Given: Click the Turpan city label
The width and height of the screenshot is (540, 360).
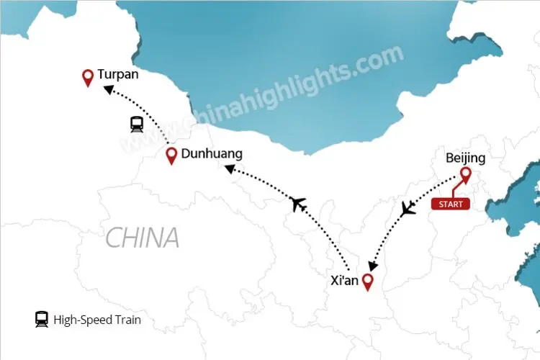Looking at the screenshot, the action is coord(118,74).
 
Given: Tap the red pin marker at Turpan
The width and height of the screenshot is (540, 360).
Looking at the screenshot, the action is coord(88,77).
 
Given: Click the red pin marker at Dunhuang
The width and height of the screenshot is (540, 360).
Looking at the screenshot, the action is coord(171,156).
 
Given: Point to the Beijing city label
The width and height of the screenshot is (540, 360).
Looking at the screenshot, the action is coord(465,158).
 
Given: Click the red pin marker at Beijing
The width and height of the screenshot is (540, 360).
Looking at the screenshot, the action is coord(466,174).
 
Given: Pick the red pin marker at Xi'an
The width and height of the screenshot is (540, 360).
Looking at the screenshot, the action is coord(368,282).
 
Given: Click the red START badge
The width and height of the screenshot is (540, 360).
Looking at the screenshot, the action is coord(450,204).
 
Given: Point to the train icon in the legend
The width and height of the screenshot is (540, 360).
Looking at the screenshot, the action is coord(41,320).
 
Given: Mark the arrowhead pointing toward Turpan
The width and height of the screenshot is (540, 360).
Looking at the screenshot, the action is coord(107,89).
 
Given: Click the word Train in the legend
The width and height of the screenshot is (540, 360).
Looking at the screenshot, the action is coord(127,320).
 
